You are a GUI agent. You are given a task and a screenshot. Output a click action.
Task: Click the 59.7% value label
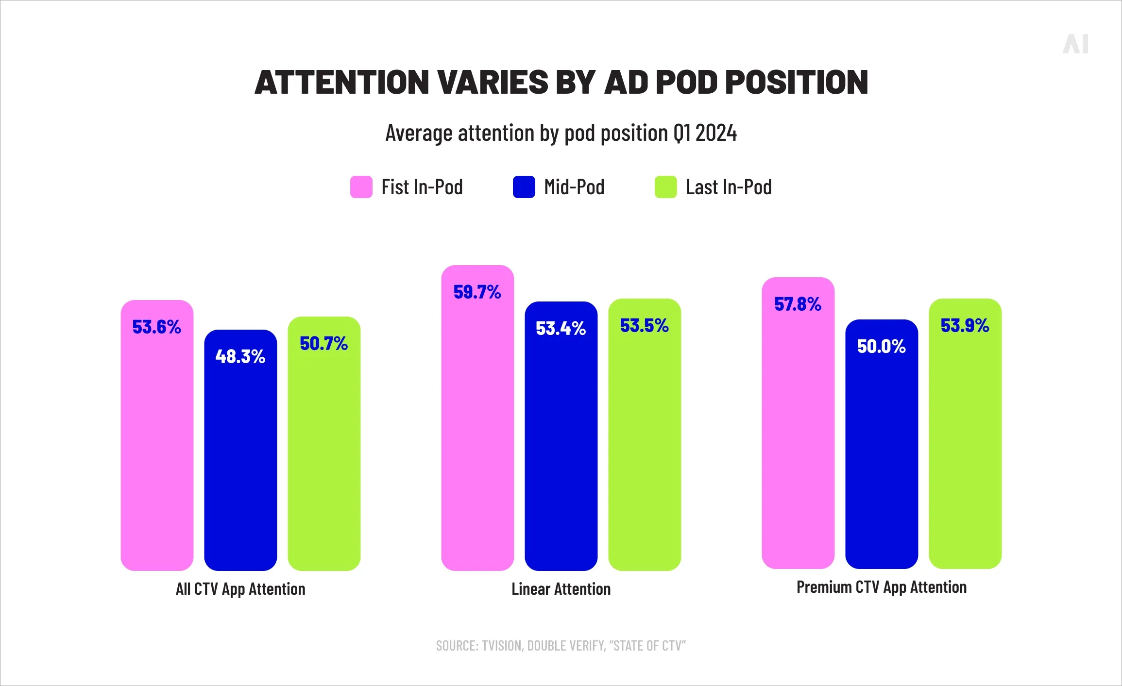pyautogui.click(x=477, y=292)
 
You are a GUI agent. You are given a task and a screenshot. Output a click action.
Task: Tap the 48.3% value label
pyautogui.click(x=240, y=356)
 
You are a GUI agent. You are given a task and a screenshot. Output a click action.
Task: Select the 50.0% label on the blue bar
pyautogui.click(x=881, y=346)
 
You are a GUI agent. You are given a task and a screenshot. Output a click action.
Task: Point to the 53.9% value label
pyautogui.click(x=965, y=325)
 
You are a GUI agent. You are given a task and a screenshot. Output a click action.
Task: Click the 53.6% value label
pyautogui.click(x=156, y=327)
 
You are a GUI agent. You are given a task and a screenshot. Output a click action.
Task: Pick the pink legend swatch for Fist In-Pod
pyautogui.click(x=361, y=187)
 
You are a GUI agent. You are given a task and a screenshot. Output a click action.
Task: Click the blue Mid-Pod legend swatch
pyautogui.click(x=524, y=187)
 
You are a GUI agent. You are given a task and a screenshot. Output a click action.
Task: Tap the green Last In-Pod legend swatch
pyautogui.click(x=665, y=187)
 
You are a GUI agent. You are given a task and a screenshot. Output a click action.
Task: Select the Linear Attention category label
pyautogui.click(x=561, y=589)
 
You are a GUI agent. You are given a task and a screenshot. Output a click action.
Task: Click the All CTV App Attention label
pyautogui.click(x=240, y=589)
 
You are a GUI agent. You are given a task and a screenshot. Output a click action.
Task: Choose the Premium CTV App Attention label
pyautogui.click(x=881, y=587)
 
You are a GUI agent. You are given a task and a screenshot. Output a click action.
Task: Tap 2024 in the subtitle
pyautogui.click(x=716, y=133)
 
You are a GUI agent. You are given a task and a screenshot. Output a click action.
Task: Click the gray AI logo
pyautogui.click(x=1075, y=44)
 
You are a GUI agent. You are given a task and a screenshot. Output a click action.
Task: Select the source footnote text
pyautogui.click(x=561, y=646)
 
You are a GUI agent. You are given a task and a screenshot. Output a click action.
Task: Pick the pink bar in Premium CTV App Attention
pyautogui.click(x=798, y=437)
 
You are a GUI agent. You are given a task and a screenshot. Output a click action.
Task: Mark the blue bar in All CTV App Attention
pyautogui.click(x=240, y=461)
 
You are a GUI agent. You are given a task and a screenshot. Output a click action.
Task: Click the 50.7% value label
pyautogui.click(x=323, y=343)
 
